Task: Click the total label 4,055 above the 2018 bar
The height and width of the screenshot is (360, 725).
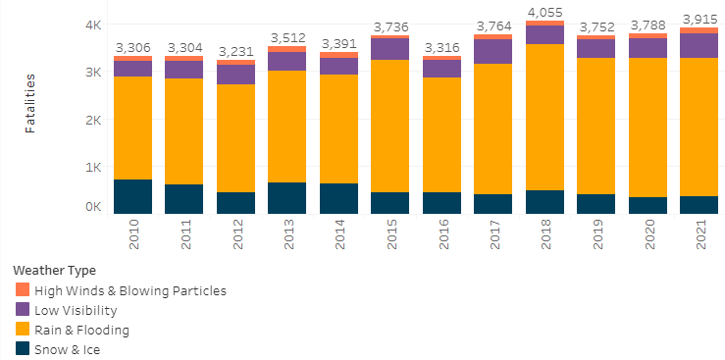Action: [x=545, y=13]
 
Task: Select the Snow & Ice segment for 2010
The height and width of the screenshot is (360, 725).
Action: [x=132, y=196]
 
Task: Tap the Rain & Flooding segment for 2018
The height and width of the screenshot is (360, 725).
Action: [x=545, y=117]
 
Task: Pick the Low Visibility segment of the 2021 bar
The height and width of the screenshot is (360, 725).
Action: [x=699, y=45]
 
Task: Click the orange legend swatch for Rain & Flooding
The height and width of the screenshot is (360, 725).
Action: [x=23, y=330]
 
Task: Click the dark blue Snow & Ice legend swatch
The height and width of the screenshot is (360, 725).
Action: [x=23, y=349]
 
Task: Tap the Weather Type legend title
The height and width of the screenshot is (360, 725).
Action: [x=54, y=270]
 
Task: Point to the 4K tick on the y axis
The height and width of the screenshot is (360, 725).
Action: [x=91, y=26]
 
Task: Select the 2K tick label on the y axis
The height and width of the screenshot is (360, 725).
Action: [x=91, y=120]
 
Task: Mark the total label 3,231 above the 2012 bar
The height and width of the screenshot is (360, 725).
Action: [x=236, y=52]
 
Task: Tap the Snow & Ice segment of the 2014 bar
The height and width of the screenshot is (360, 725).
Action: [x=339, y=198]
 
